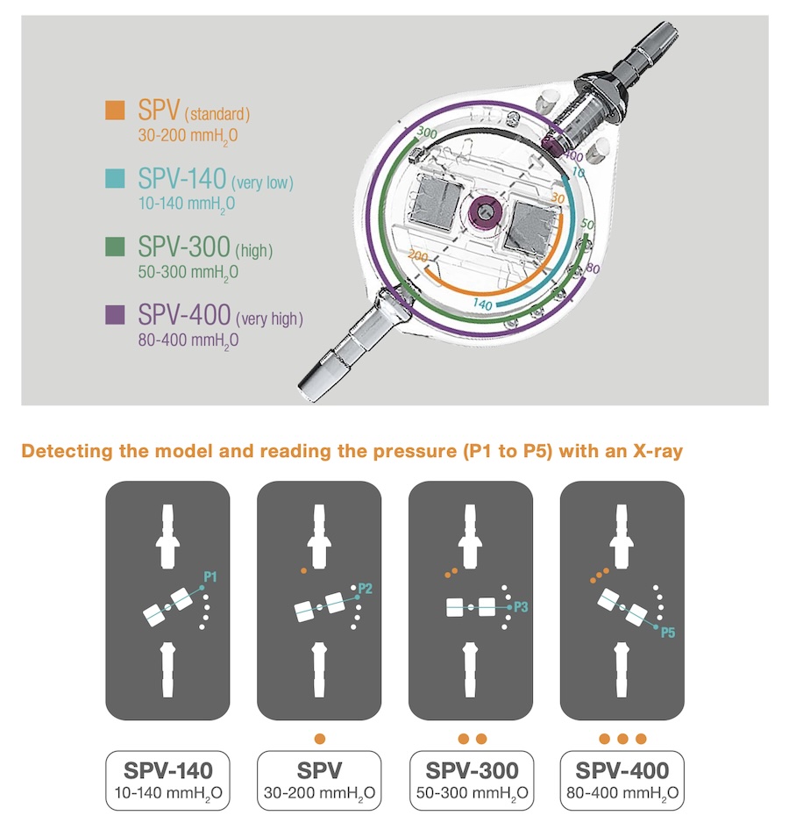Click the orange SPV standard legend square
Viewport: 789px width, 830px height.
click(x=115, y=110)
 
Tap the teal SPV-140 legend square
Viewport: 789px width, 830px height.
click(x=115, y=178)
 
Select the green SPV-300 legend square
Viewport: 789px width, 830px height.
click(x=115, y=247)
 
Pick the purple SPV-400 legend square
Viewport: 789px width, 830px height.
click(x=115, y=314)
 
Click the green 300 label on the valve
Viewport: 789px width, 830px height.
click(x=427, y=132)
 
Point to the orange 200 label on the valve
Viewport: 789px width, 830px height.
click(x=418, y=256)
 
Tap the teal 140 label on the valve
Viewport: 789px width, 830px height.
click(x=482, y=304)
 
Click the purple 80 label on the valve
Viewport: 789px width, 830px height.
click(x=593, y=268)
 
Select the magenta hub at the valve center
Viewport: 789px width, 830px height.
click(x=483, y=211)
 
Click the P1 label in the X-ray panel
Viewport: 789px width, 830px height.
click(x=210, y=576)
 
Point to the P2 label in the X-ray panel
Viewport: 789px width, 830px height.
click(x=366, y=588)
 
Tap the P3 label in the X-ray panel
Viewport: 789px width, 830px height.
click(x=521, y=606)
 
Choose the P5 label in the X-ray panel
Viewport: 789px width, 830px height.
click(x=668, y=632)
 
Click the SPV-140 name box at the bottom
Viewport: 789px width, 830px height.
click(x=167, y=780)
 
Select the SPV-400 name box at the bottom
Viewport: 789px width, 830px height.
click(x=622, y=780)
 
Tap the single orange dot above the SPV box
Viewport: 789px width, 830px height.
click(x=319, y=739)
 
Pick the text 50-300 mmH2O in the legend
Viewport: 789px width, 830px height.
click(x=188, y=272)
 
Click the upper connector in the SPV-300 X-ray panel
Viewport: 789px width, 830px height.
click(x=470, y=537)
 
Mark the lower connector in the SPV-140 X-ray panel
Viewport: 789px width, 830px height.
click(x=167, y=669)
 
